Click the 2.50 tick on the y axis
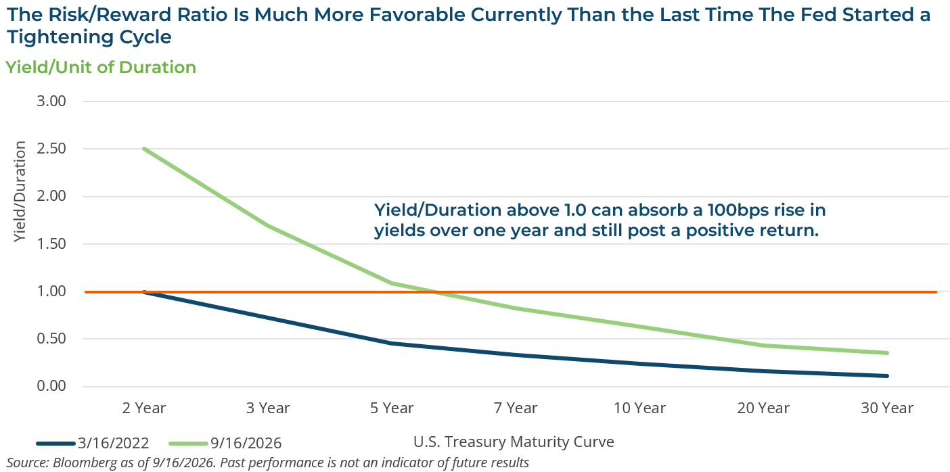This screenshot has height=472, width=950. coord(51,149)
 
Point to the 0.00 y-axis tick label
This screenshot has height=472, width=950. coord(51,386)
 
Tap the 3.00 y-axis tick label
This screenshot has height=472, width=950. coord(51,101)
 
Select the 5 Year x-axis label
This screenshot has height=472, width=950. coord(392,408)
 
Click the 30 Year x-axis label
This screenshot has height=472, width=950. coord(887,408)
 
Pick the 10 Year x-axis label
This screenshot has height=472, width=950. coord(639,408)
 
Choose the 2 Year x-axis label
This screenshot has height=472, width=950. coord(143,408)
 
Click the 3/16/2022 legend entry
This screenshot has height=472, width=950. coord(93,443)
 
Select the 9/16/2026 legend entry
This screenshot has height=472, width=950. coord(225,443)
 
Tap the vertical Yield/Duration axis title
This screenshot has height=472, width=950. coord(20,191)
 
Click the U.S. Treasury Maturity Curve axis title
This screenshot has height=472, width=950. coord(514,442)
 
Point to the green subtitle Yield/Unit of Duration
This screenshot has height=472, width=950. coord(101,68)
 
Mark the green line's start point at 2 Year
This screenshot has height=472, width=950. coord(145,149)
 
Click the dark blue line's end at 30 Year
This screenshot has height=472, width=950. coord(887,376)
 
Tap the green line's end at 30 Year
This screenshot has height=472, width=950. coord(887,353)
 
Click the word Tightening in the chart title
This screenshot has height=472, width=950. coord(60,37)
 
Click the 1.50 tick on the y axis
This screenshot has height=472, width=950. coord(51,243)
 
